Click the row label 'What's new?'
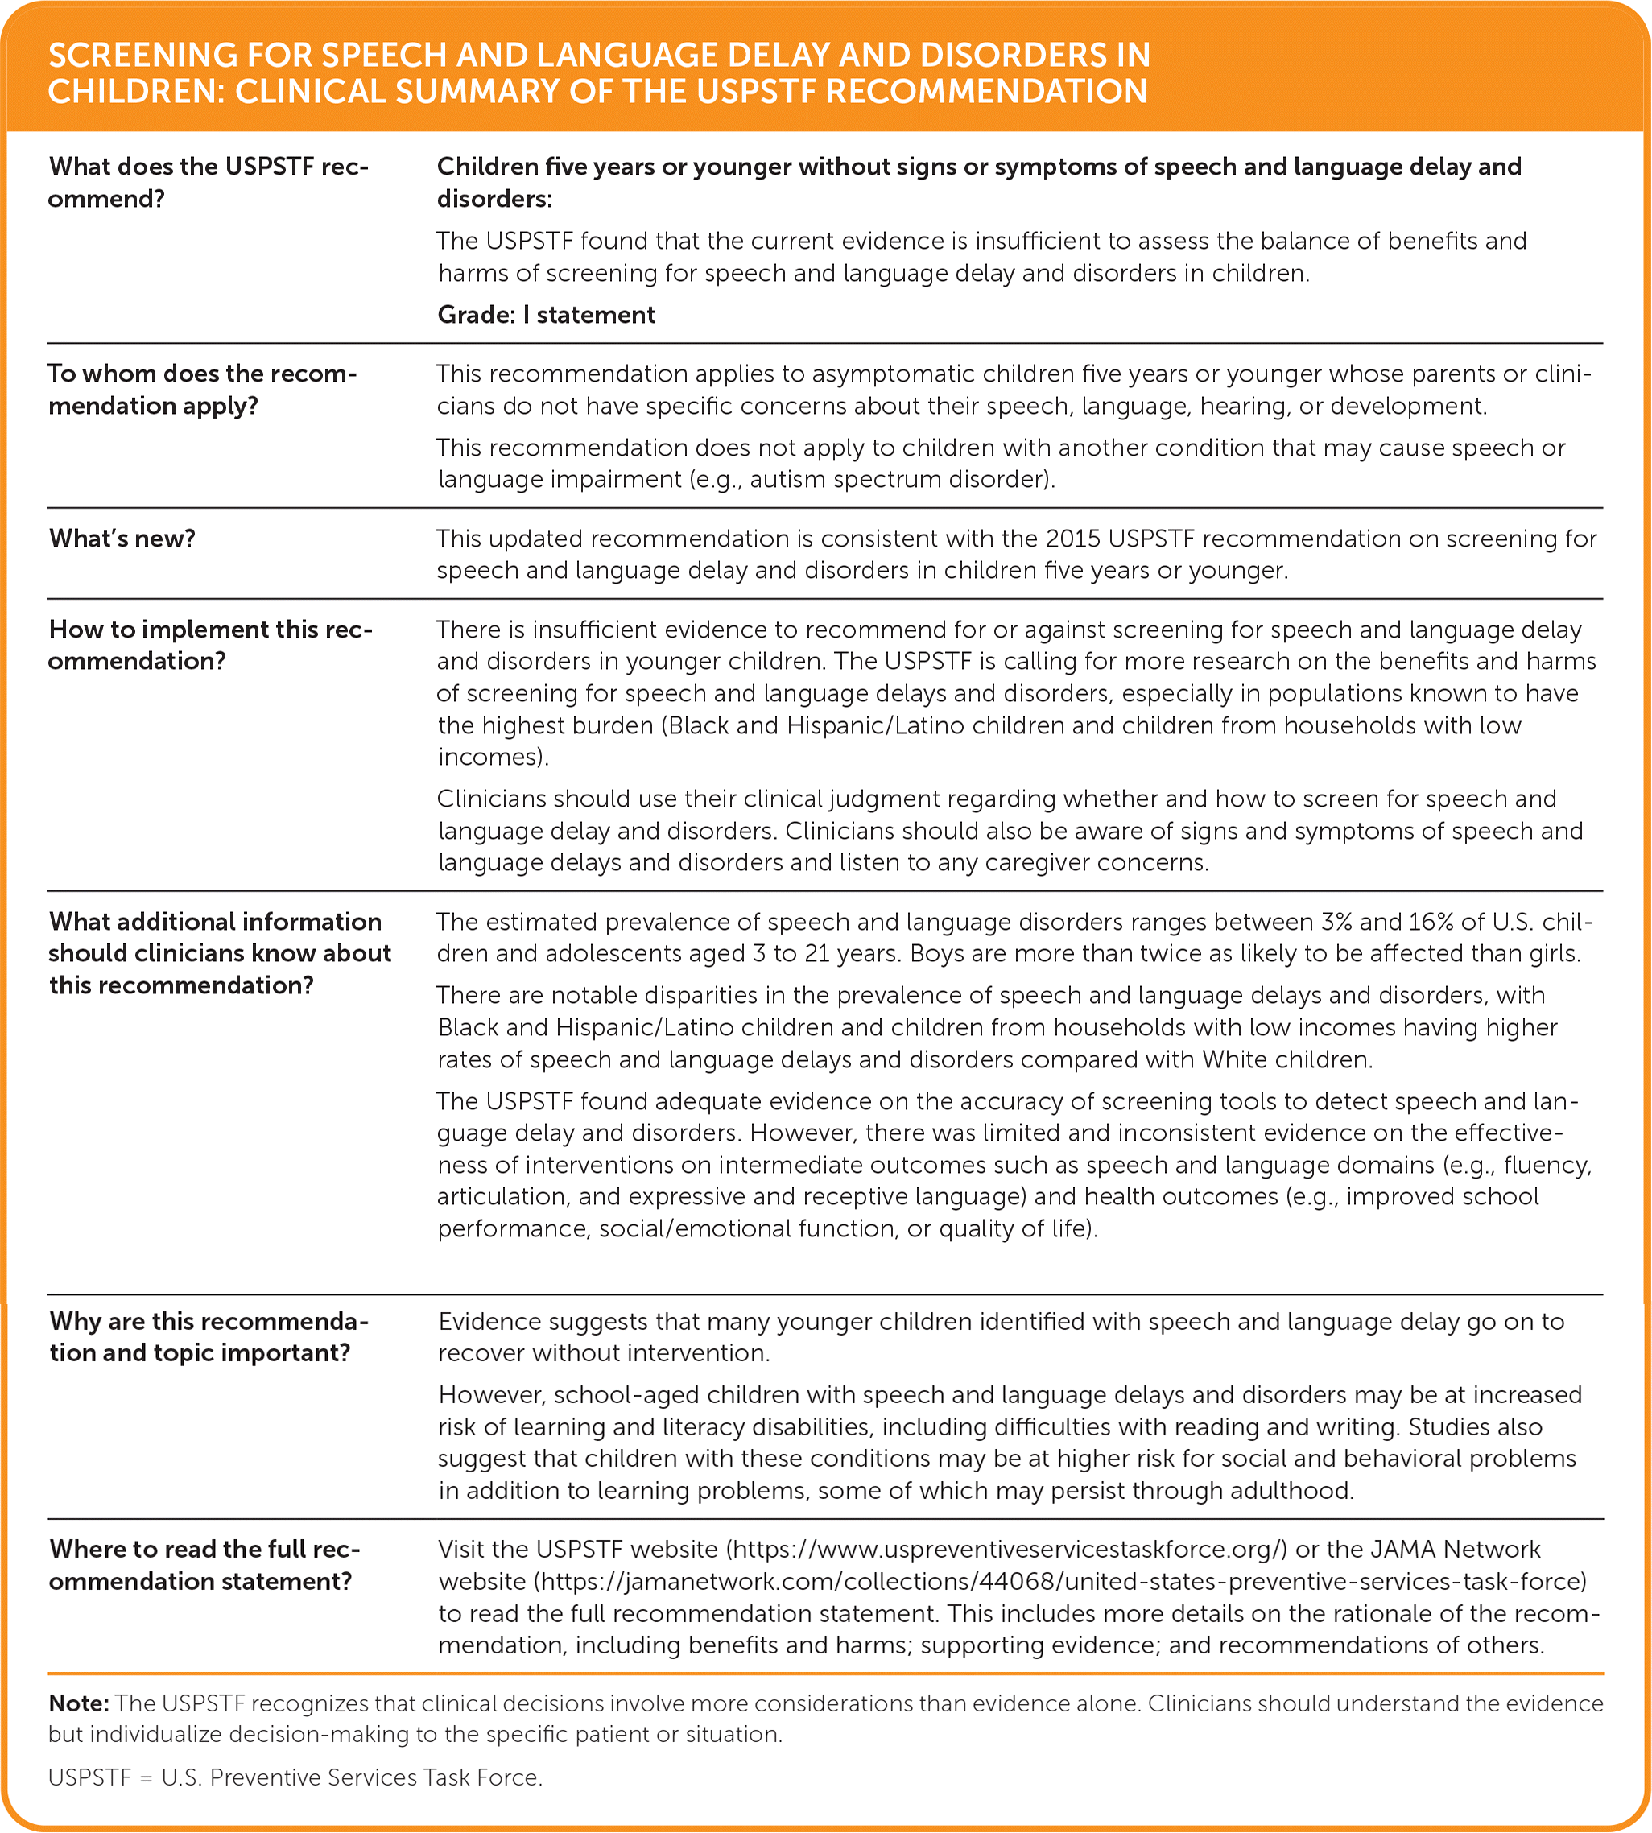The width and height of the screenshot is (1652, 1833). [x=122, y=539]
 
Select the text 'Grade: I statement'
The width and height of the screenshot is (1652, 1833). [x=546, y=315]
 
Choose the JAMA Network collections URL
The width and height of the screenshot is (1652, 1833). [x=1059, y=1582]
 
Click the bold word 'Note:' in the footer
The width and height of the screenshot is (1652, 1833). [x=79, y=1703]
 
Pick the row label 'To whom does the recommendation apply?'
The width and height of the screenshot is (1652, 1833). [x=202, y=390]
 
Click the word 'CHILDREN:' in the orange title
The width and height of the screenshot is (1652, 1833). [x=135, y=92]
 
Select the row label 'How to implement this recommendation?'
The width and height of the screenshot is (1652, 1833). [x=211, y=645]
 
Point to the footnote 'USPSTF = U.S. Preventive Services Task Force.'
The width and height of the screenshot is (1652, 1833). [x=295, y=1777]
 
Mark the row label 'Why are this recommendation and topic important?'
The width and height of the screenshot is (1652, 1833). [x=209, y=1336]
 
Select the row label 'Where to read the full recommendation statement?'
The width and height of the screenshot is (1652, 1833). [x=204, y=1565]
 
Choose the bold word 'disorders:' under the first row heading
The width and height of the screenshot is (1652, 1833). [x=494, y=199]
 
